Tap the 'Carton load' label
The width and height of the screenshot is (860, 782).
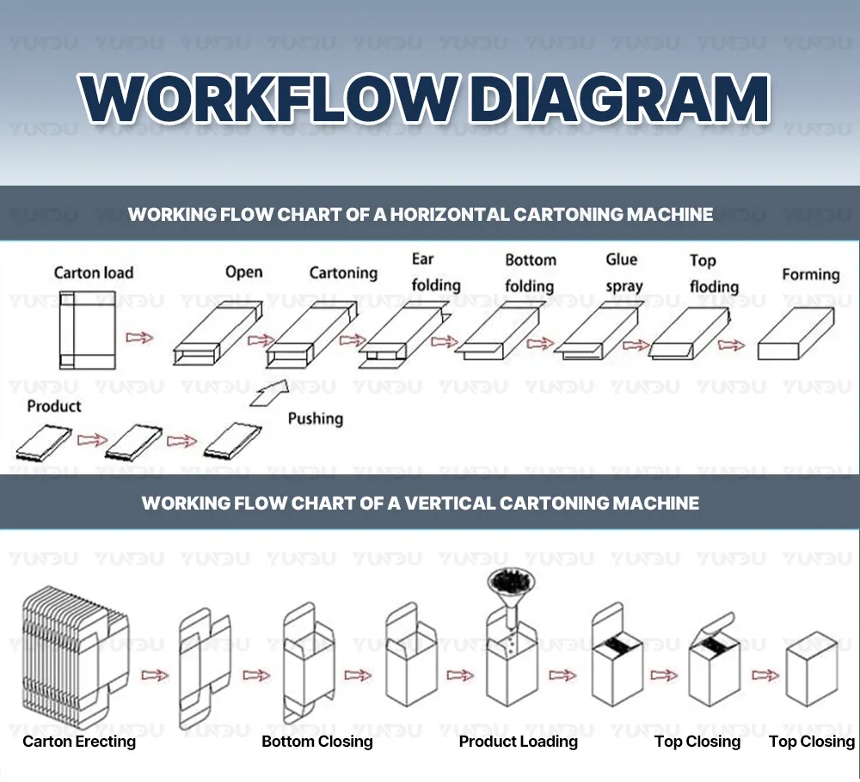[94, 272]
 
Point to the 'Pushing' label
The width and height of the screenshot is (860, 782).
[315, 418]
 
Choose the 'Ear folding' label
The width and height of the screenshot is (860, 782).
[435, 272]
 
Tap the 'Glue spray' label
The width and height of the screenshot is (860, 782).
[623, 272]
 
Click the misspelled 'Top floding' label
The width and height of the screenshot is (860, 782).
[714, 273]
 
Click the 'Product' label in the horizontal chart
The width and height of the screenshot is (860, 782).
[54, 406]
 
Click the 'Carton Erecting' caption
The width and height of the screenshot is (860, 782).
[79, 742]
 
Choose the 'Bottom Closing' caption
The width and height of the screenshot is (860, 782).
[317, 742]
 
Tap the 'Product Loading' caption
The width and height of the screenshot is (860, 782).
[518, 742]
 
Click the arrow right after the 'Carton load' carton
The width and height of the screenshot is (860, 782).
[139, 338]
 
